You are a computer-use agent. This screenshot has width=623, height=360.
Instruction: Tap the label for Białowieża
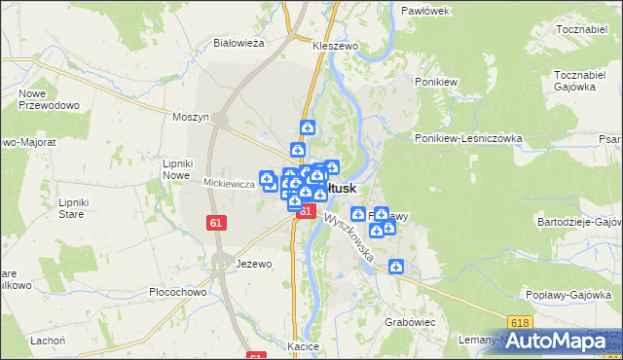click(239, 43)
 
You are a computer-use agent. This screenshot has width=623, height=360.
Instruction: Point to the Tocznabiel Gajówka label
click(580, 81)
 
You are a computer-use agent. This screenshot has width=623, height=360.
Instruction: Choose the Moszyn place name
click(191, 117)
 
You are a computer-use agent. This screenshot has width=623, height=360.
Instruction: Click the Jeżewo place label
click(253, 264)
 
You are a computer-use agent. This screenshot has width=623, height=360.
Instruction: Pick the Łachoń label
click(47, 340)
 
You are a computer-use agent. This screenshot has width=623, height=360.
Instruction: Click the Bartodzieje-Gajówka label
click(578, 222)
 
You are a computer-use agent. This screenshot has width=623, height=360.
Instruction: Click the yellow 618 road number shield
click(521, 323)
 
